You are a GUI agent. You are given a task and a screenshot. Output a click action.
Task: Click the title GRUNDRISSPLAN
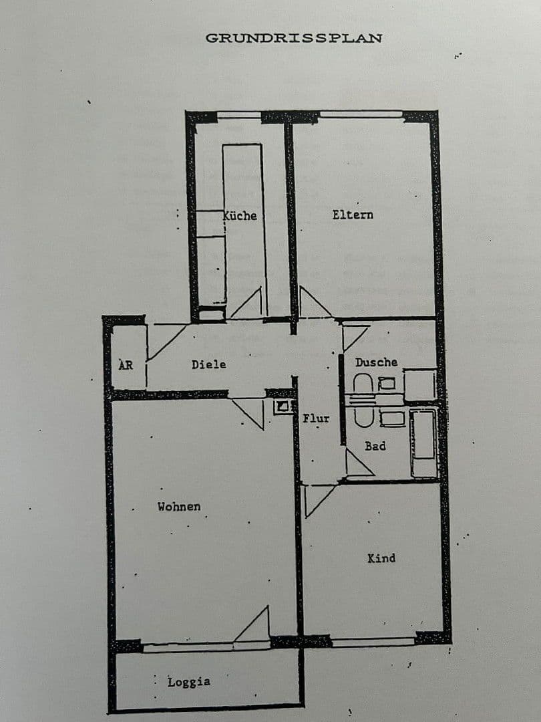pyautogui.click(x=293, y=38)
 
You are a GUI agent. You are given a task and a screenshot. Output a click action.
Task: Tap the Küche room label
pyautogui.click(x=240, y=215)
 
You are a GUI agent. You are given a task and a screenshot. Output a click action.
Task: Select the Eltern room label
pyautogui.click(x=353, y=215)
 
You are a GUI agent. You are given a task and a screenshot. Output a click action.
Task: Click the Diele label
pyautogui.click(x=208, y=364)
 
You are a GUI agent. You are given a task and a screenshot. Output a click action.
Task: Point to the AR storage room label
pyautogui.click(x=126, y=366)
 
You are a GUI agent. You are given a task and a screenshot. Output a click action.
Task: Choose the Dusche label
pyautogui.click(x=376, y=362)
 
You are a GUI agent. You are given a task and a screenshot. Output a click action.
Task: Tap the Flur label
pyautogui.click(x=316, y=418)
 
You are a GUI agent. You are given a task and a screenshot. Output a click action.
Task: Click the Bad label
pyautogui.click(x=375, y=445)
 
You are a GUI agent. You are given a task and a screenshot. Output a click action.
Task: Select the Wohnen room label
pyautogui.click(x=178, y=507)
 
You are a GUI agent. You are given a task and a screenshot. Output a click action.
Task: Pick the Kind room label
pyautogui.click(x=381, y=558)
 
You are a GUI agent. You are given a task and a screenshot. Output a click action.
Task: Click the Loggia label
pyautogui.click(x=189, y=682)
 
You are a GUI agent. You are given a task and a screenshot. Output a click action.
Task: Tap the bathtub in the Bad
pyautogui.click(x=423, y=443)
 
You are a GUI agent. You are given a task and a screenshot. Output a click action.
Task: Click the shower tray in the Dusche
pyautogui.click(x=421, y=385)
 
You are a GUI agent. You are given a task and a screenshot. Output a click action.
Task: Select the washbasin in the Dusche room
pyautogui.click(x=387, y=384)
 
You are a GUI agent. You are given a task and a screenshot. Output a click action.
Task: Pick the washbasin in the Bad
pyautogui.click(x=391, y=418)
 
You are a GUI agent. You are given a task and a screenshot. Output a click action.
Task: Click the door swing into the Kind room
pyautogui.click(x=317, y=498)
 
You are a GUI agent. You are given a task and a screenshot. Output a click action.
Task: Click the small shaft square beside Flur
pyautogui.click(x=283, y=406)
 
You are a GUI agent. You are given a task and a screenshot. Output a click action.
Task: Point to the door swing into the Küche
pyautogui.click(x=249, y=305)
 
